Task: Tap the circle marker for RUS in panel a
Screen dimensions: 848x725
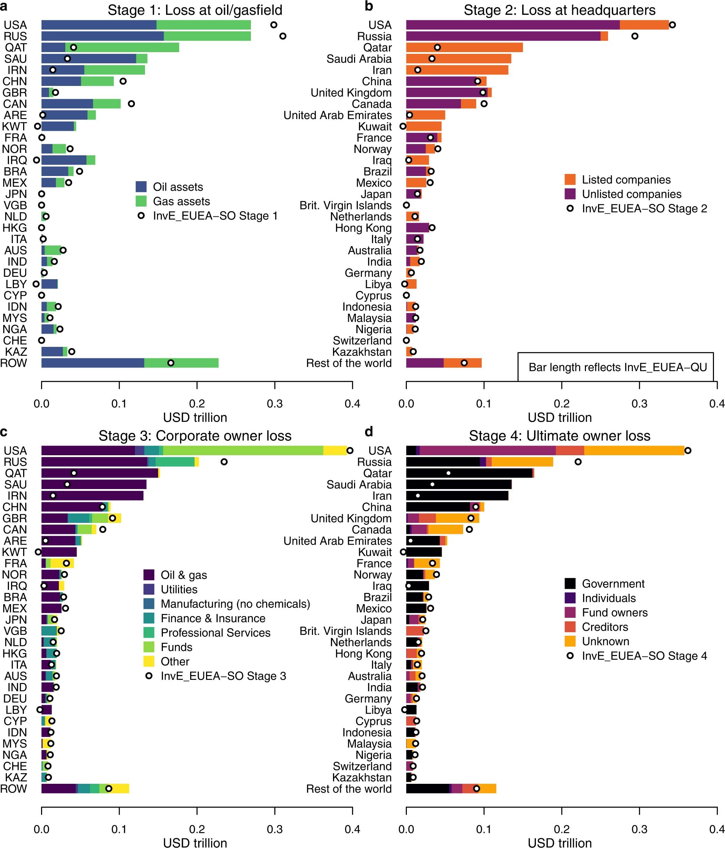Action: pyautogui.click(x=282, y=36)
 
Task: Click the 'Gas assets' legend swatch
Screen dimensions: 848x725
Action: pyautogui.click(x=141, y=201)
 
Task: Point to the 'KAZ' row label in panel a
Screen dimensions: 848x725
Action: pyautogui.click(x=16, y=352)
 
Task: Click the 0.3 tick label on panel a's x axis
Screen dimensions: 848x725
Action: pyautogui.click(x=275, y=403)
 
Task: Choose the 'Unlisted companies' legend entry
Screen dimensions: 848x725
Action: pyautogui.click(x=631, y=194)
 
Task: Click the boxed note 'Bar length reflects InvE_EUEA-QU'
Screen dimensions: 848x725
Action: pyautogui.click(x=617, y=367)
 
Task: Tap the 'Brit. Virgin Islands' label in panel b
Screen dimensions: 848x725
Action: pyautogui.click(x=345, y=205)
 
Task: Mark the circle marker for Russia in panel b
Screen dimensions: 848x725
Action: pyautogui.click(x=635, y=36)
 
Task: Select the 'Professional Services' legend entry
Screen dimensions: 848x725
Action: pyautogui.click(x=215, y=633)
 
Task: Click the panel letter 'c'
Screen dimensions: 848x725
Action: pyautogui.click(x=4, y=431)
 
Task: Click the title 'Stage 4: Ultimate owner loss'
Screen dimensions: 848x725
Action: pyautogui.click(x=559, y=436)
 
